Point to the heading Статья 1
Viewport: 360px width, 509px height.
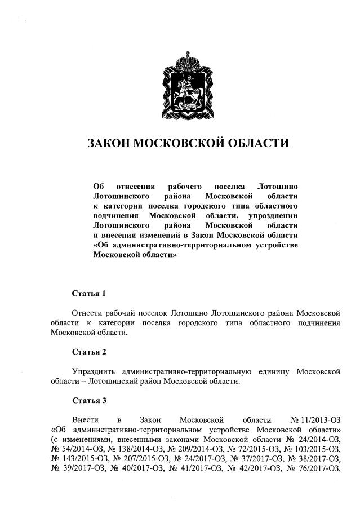coord(89,294)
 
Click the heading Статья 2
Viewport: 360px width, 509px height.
coord(89,352)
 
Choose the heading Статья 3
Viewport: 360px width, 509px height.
coord(89,401)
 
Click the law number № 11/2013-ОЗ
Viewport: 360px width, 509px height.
coord(315,421)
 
